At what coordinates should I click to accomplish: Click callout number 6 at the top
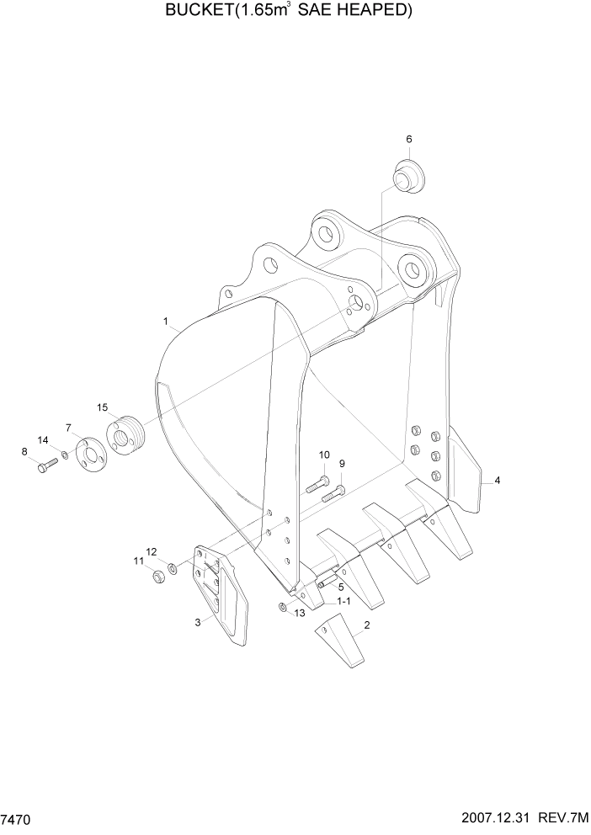pyautogui.click(x=409, y=139)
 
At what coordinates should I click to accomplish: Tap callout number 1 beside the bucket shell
pyautogui.click(x=166, y=321)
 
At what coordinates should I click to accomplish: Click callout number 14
pyautogui.click(x=42, y=439)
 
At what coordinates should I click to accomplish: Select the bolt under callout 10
pyautogui.click(x=317, y=483)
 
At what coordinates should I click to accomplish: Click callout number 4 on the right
pyautogui.click(x=498, y=480)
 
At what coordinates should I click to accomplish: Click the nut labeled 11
pyautogui.click(x=157, y=577)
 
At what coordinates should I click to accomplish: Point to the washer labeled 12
pyautogui.click(x=173, y=569)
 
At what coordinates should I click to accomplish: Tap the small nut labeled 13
pyautogui.click(x=283, y=609)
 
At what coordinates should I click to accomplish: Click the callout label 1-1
pyautogui.click(x=343, y=602)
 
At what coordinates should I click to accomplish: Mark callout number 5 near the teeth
pyautogui.click(x=341, y=586)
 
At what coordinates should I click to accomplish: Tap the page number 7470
pyautogui.click(x=17, y=818)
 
